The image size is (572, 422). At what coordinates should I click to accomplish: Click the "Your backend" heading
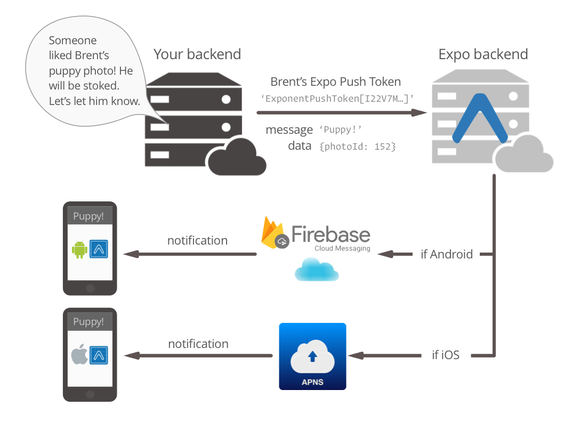(197, 54)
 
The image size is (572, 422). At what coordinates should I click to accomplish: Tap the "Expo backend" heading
(483, 54)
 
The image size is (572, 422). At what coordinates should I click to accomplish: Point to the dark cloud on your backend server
(237, 157)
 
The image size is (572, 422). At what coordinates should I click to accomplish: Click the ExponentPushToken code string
(337, 98)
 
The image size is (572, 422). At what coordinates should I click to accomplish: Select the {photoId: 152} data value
(358, 146)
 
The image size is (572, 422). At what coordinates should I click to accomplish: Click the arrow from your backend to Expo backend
(341, 112)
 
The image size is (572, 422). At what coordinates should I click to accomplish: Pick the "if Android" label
(447, 254)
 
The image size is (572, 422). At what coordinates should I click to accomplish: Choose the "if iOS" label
(446, 355)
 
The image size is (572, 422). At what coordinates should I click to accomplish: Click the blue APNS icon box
(312, 356)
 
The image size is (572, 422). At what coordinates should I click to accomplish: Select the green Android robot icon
(79, 249)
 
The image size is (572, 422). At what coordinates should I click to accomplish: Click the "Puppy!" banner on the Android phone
(89, 216)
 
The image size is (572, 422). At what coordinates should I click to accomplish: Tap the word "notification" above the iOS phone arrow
(198, 344)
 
